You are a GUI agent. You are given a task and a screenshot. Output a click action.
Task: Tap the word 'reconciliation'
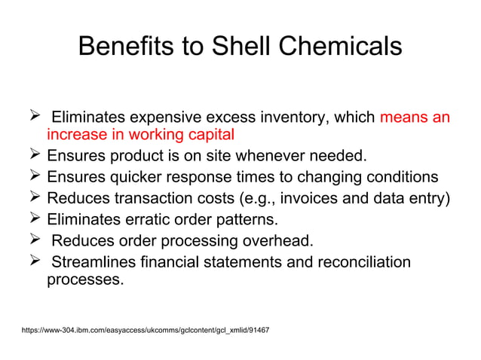click(x=360, y=262)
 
